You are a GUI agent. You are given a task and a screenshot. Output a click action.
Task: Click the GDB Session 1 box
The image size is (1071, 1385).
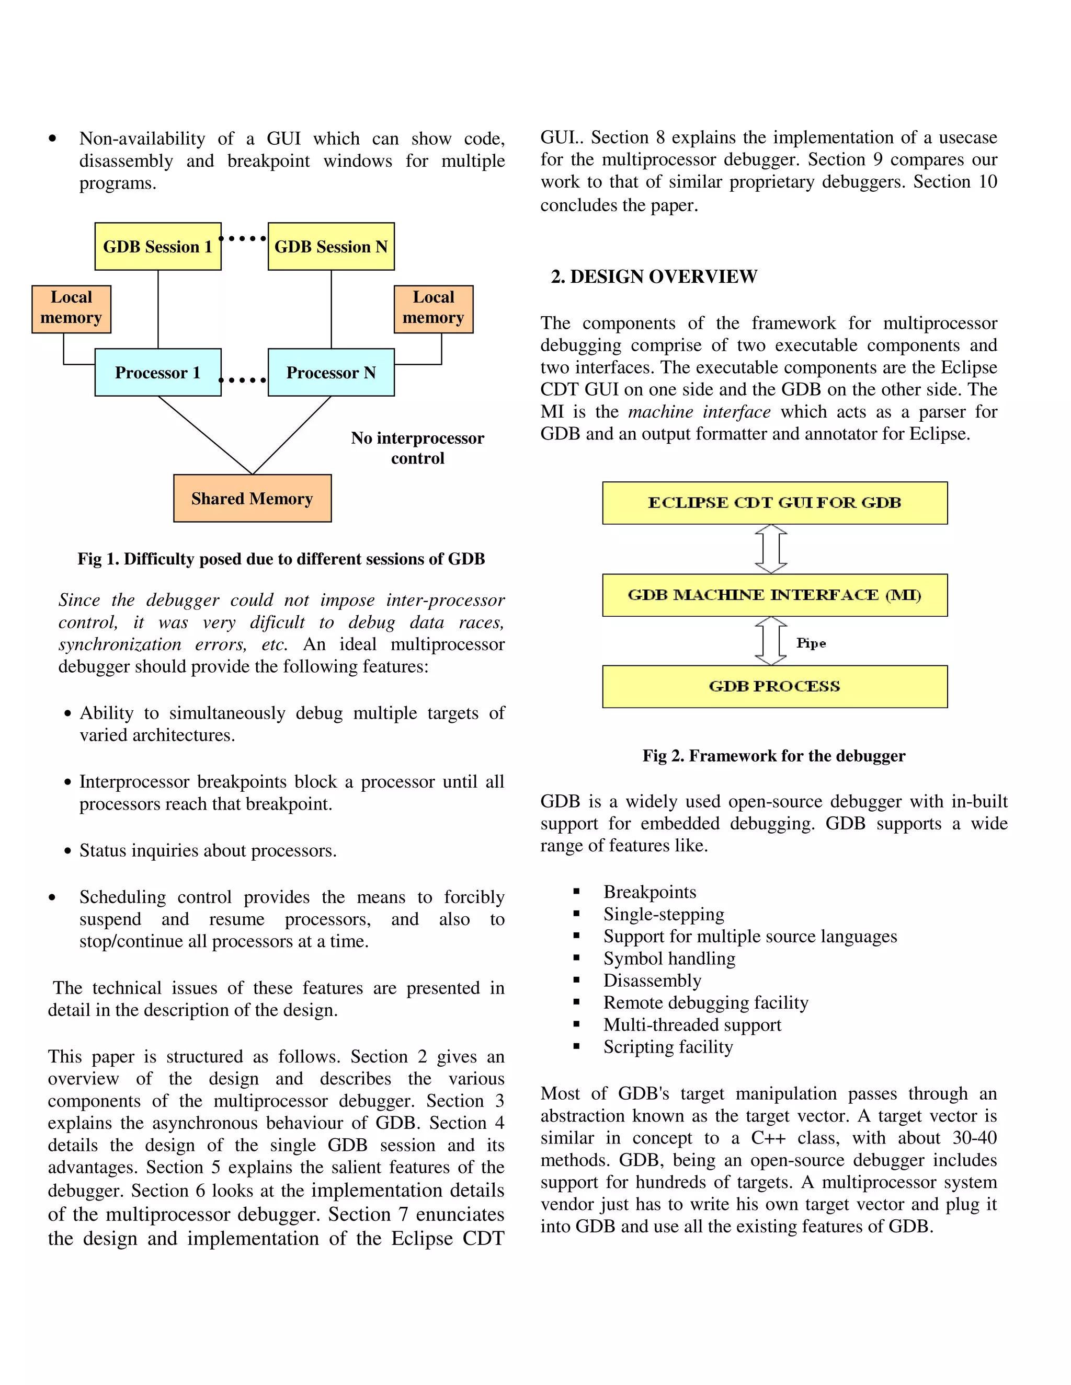tap(158, 247)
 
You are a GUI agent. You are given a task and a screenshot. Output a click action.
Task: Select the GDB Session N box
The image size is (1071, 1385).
tap(331, 247)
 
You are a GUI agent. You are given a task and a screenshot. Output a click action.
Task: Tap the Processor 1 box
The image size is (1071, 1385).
tap(158, 372)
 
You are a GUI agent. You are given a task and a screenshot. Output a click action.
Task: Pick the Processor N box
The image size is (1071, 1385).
tap(331, 372)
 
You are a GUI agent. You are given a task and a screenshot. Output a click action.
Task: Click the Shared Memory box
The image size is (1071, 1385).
tap(252, 499)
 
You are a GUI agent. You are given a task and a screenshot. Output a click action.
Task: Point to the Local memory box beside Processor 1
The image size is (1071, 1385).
tap(71, 309)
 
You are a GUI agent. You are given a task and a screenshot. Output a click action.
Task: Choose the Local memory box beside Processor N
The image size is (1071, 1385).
tap(434, 309)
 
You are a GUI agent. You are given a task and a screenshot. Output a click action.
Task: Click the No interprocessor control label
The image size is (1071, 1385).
tap(417, 448)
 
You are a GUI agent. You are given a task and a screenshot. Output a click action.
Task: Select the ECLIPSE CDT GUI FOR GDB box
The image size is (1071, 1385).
tap(774, 503)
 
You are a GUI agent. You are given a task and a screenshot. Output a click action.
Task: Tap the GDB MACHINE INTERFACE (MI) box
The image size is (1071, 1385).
tap(774, 595)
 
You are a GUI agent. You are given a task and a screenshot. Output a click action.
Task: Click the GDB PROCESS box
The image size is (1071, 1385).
tap(774, 686)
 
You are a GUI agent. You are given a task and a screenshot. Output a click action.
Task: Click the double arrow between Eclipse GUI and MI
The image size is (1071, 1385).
tap(771, 549)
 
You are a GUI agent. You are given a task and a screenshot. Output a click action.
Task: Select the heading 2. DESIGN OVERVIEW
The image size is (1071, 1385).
tap(654, 276)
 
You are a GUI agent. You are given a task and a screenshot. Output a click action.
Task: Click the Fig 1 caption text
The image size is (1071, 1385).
tap(281, 559)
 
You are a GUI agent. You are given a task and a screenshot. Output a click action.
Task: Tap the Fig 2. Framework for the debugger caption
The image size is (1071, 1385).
tap(773, 755)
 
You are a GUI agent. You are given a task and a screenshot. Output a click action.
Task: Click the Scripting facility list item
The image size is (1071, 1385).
tap(668, 1046)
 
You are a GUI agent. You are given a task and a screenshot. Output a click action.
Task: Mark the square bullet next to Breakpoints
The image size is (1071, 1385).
tap(576, 892)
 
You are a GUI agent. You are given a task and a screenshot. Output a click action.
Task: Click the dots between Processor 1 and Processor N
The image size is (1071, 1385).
tap(243, 380)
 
